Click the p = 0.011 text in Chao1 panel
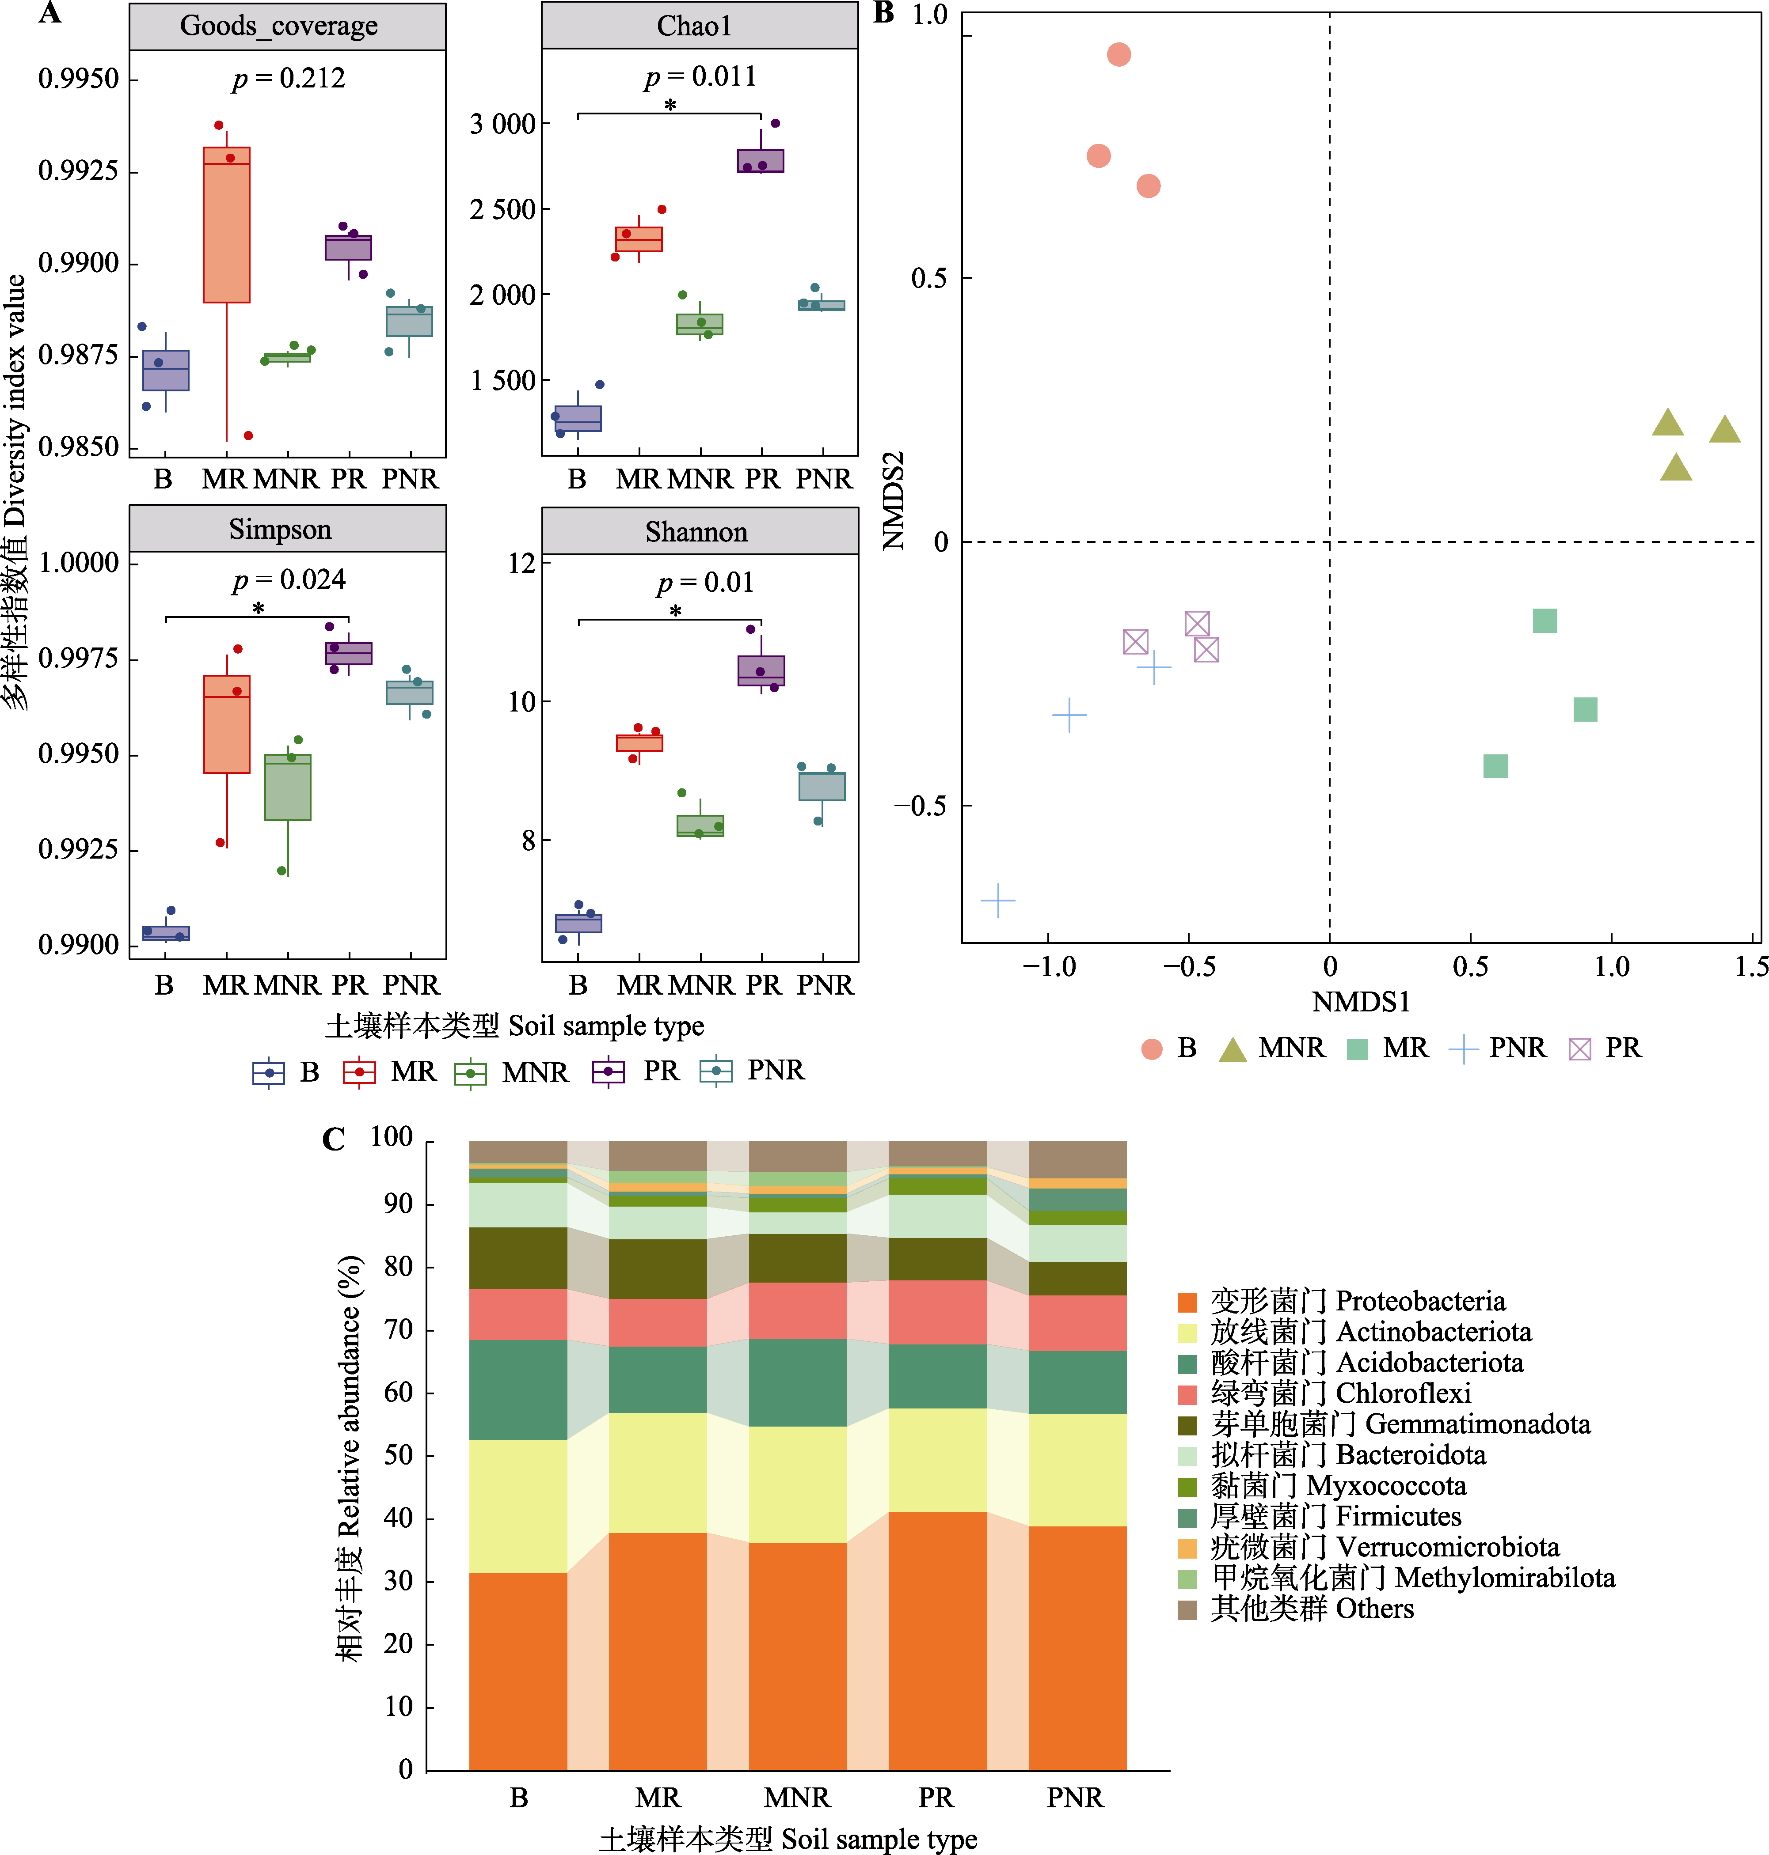[x=700, y=76]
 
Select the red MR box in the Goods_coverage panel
[x=226, y=224]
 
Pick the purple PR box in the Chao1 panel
[x=760, y=161]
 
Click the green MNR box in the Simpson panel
[x=288, y=787]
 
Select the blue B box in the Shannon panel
[x=578, y=924]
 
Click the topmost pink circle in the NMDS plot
[x=1118, y=55]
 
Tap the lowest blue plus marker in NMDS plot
[x=998, y=901]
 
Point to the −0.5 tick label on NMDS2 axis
[x=919, y=806]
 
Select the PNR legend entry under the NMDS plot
[x=1501, y=1048]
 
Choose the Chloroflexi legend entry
[x=1324, y=1393]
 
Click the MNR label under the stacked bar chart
[x=797, y=1798]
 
